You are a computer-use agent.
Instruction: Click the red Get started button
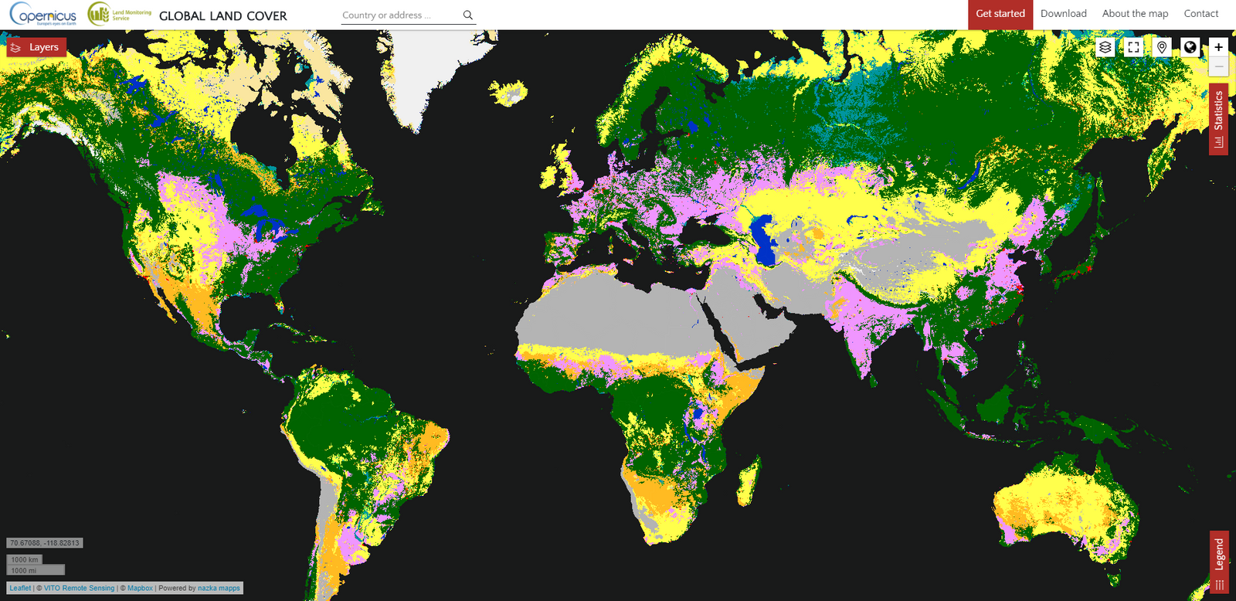pos(1000,14)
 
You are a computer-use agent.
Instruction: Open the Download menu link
pos(1063,14)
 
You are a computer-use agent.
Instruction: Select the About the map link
pos(1135,14)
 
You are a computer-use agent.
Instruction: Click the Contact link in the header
pos(1200,14)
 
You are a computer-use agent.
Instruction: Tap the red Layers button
pos(36,48)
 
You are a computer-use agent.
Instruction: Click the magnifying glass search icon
pos(467,15)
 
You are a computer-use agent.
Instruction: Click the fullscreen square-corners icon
pos(1133,47)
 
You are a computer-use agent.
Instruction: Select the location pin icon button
pos(1162,47)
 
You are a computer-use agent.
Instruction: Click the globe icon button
pos(1190,47)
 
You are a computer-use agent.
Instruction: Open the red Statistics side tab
pos(1218,120)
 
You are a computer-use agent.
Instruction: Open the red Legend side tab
pos(1219,562)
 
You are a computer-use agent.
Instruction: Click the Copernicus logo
pos(43,14)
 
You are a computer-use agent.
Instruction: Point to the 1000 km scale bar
pos(25,559)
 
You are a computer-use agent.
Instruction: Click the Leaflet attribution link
pos(21,588)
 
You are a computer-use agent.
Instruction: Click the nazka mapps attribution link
pos(219,588)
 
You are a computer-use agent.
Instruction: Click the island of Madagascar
pos(748,480)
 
